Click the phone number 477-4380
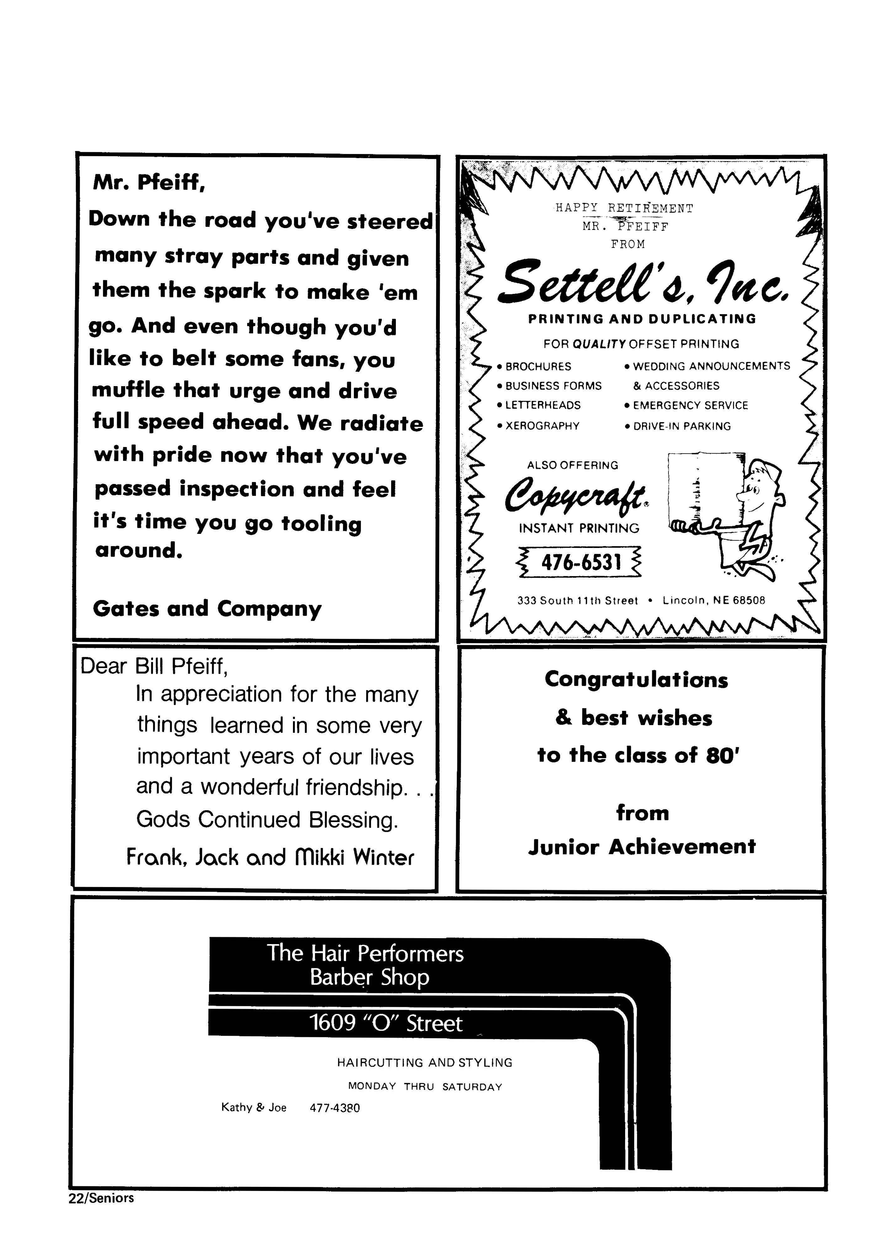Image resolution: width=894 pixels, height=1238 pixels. point(335,1108)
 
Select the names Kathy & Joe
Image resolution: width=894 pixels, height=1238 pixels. point(254,1108)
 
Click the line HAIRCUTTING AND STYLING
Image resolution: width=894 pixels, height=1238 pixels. point(425,1062)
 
